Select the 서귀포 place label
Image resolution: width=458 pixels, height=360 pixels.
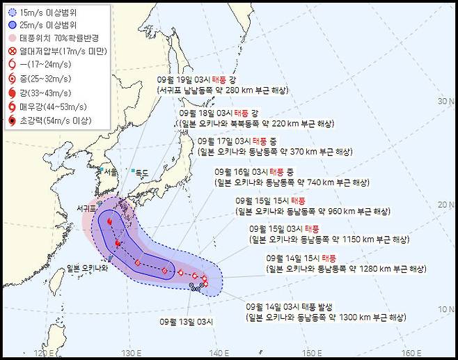tap(89, 208)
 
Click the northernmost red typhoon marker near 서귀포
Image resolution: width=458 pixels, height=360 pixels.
tap(110, 221)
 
